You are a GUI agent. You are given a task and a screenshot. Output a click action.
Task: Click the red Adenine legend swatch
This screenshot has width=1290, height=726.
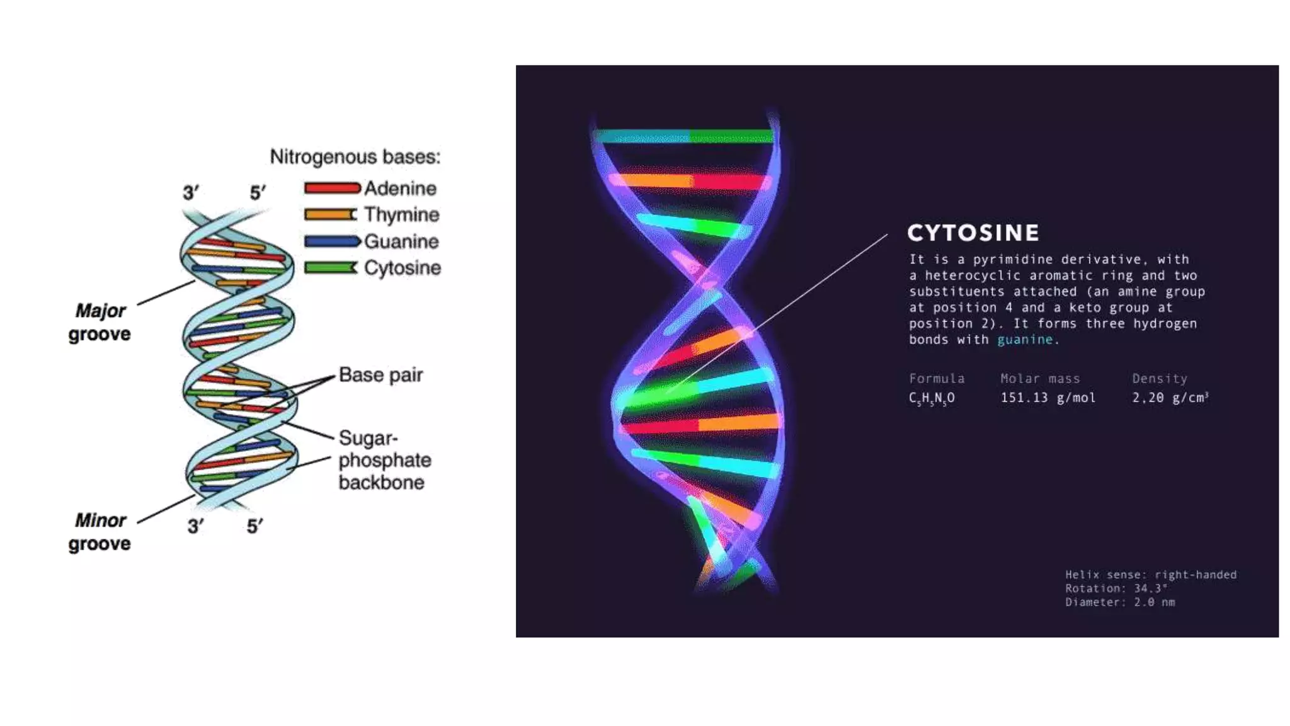332,188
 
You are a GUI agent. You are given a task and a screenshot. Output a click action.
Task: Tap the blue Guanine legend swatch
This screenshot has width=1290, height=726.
332,241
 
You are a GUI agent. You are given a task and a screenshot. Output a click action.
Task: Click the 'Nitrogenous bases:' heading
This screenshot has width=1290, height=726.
355,156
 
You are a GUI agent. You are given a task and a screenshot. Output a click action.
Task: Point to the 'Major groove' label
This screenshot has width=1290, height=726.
100,322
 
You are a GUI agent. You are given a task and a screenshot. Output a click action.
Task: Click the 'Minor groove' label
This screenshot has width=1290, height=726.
100,532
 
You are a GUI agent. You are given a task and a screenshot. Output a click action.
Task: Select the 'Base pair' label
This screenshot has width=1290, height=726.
380,374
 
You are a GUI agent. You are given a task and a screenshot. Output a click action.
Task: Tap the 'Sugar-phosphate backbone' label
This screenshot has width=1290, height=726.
384,460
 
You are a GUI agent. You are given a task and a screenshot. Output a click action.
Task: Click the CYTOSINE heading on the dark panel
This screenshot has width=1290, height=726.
973,233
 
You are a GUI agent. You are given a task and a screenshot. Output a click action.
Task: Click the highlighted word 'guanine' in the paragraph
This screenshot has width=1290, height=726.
1024,340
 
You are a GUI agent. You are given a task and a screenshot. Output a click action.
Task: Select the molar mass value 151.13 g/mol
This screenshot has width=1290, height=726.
1048,398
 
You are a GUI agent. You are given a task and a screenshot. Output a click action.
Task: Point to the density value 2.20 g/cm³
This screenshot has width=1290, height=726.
1170,398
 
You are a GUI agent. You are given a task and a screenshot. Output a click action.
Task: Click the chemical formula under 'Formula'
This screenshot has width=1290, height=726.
932,398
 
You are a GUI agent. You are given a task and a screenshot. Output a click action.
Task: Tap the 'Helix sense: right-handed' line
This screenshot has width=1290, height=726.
1151,575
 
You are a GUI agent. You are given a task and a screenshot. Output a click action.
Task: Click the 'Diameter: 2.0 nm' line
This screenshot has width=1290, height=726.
1120,602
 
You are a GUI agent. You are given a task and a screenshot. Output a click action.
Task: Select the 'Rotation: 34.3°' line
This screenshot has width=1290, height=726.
1116,589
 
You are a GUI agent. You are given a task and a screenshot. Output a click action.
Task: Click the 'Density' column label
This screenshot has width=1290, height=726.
1160,379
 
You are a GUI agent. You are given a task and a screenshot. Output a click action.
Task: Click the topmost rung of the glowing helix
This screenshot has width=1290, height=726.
685,136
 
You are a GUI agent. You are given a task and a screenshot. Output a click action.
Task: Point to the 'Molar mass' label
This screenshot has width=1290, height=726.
1040,379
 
